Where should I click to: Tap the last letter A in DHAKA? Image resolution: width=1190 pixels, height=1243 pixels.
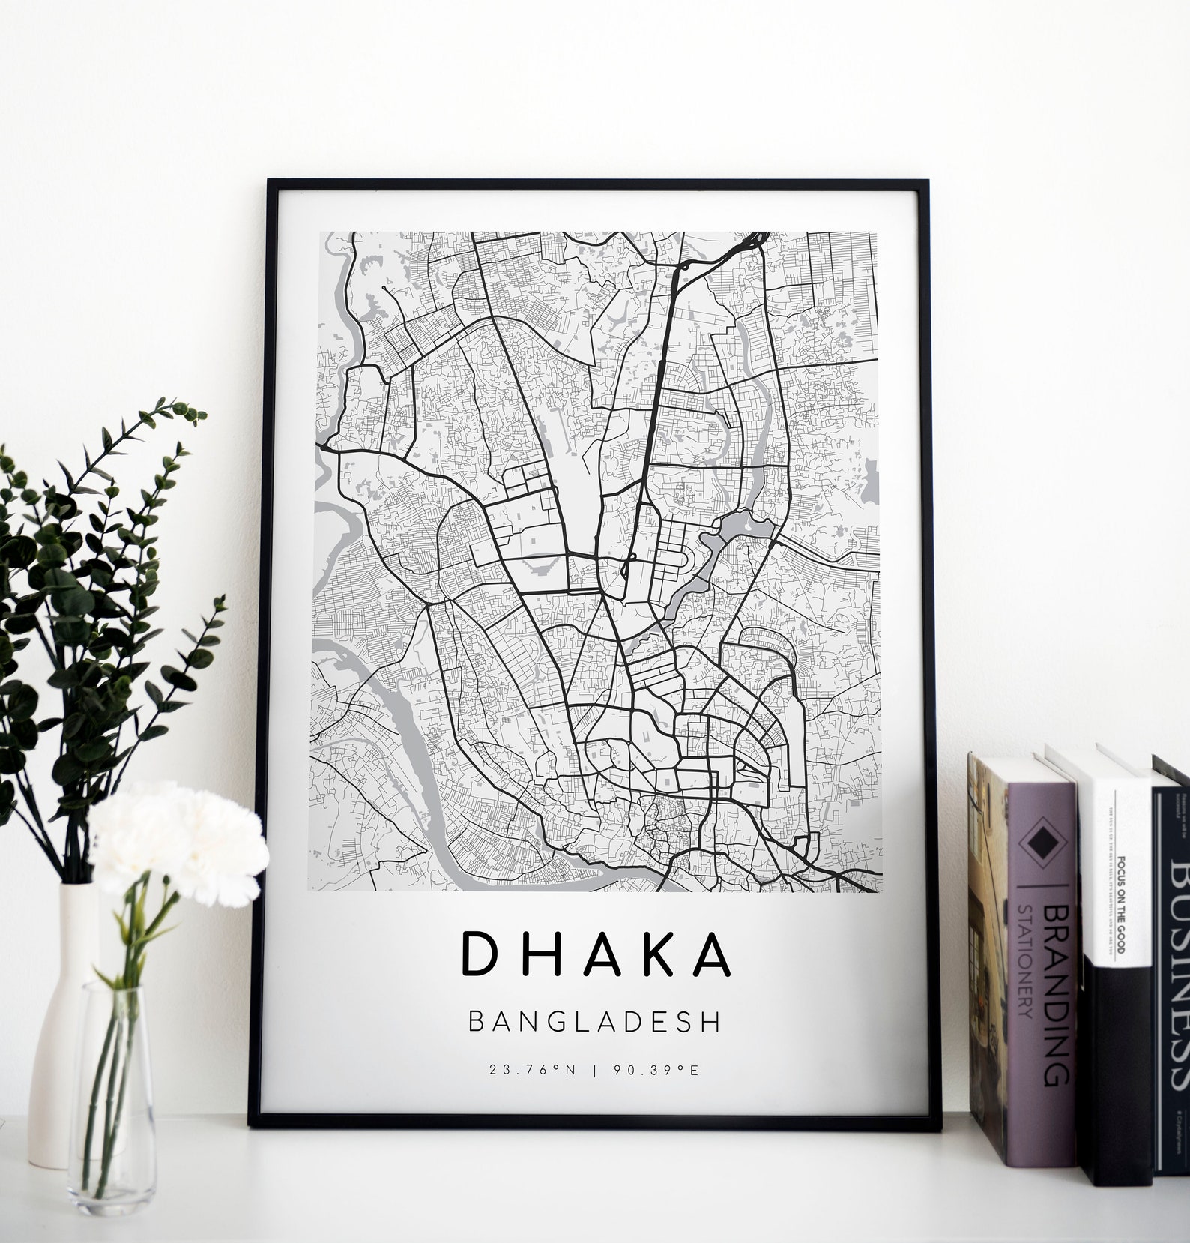tap(709, 954)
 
